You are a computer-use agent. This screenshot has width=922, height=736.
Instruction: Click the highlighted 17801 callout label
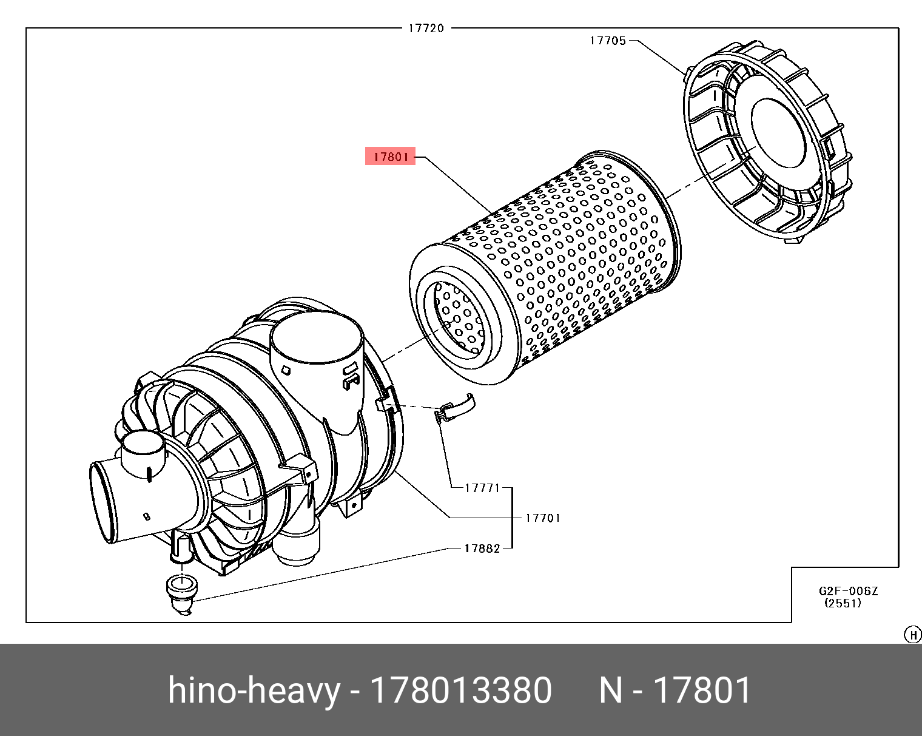(x=389, y=157)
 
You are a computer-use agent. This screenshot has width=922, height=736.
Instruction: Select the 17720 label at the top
(x=426, y=28)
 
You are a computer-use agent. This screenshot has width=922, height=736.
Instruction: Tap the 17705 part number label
(x=608, y=41)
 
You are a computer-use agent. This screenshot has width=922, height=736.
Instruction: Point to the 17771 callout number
(x=482, y=487)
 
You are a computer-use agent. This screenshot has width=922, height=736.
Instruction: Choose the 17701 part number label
(x=542, y=518)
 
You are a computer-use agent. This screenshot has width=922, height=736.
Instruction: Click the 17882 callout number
(x=482, y=549)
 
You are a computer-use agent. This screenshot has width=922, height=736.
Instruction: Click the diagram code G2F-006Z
(x=848, y=591)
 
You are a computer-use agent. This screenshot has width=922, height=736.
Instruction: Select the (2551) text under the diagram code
(x=843, y=603)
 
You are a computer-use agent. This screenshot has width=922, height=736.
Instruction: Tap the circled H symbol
(x=912, y=635)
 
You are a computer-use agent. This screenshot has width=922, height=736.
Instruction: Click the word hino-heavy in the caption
(x=253, y=690)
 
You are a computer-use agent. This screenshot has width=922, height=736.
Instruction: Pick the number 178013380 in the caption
(x=460, y=690)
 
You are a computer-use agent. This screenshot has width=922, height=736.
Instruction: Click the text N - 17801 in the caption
(x=675, y=690)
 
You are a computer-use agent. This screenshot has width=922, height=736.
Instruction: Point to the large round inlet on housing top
(x=315, y=343)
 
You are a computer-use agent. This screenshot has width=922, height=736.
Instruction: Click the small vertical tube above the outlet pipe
(x=143, y=454)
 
